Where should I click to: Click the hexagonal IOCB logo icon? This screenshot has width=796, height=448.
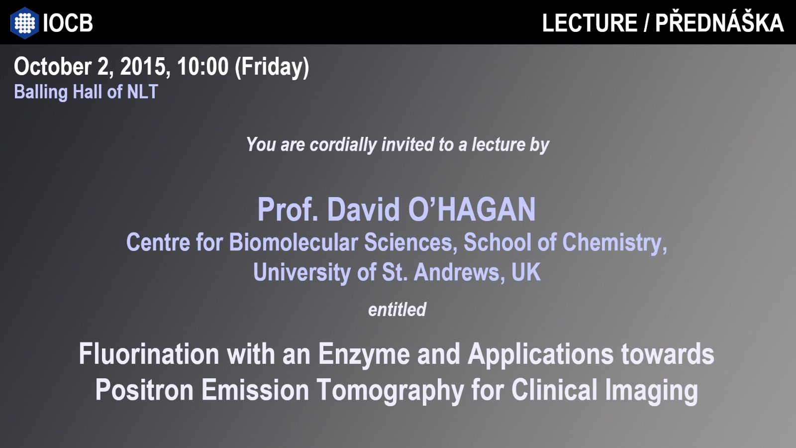tap(24, 23)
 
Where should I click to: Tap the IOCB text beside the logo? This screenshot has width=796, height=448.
tap(68, 23)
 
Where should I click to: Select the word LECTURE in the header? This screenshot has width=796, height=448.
tap(590, 23)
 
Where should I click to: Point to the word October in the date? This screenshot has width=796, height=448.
tap(53, 67)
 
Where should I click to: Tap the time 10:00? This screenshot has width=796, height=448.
tap(202, 67)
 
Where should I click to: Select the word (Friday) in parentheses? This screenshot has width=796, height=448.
tap(272, 68)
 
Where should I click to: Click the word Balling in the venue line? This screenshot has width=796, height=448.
tap(41, 93)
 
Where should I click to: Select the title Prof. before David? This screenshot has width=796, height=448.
tap(288, 210)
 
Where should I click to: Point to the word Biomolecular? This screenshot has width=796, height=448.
tap(294, 242)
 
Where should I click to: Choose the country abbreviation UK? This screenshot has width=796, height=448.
tap(526, 272)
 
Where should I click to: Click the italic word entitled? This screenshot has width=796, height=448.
tap(398, 309)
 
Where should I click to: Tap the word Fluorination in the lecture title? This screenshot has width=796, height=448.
tap(149, 354)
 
